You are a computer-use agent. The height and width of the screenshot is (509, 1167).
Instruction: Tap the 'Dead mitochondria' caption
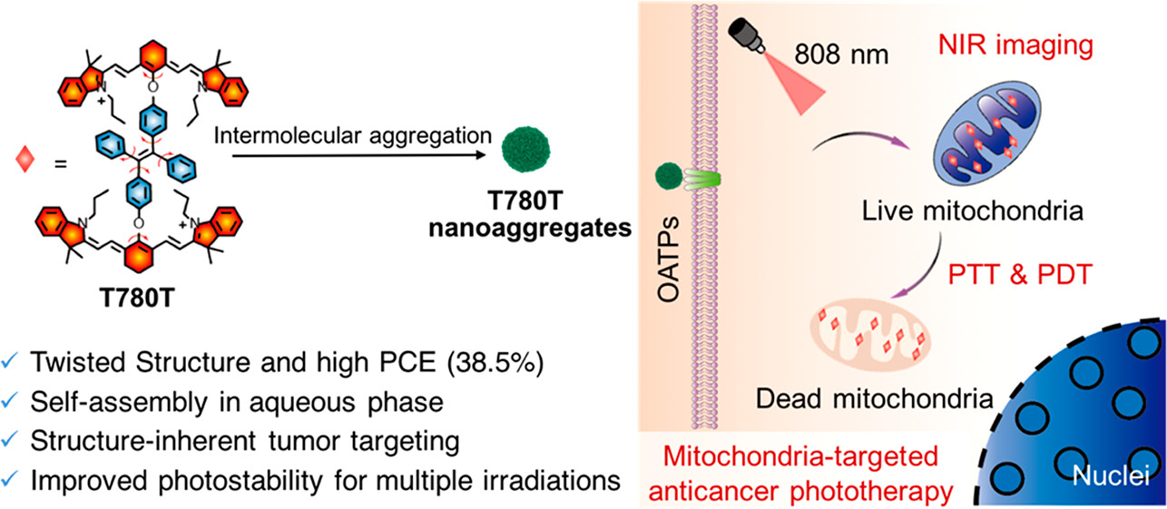[x=873, y=398]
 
